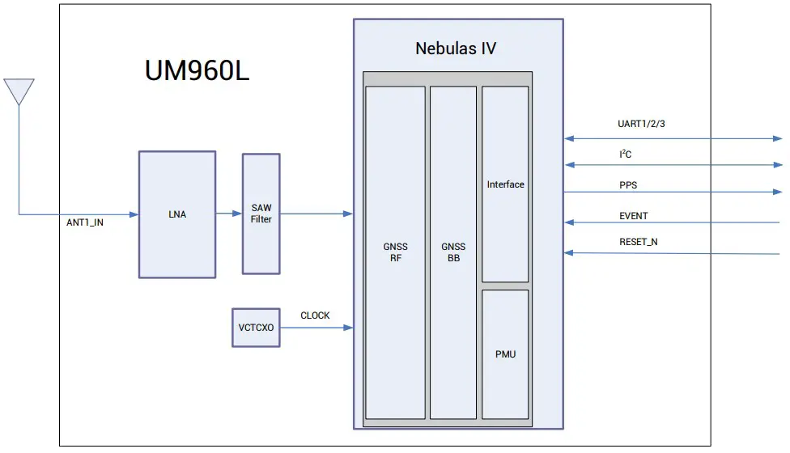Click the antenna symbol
click(x=19, y=91)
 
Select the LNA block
click(x=176, y=214)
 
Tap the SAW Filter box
click(x=261, y=214)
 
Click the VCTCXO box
click(x=256, y=328)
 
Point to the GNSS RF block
click(x=395, y=252)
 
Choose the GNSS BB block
click(x=453, y=252)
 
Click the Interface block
click(x=505, y=184)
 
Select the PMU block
click(x=505, y=354)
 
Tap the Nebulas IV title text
click(x=456, y=49)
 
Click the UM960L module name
click(x=197, y=71)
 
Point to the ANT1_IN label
click(x=84, y=222)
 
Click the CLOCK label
click(x=315, y=315)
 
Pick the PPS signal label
click(x=627, y=185)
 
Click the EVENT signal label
click(x=633, y=216)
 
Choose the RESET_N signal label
click(x=638, y=242)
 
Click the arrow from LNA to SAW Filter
click(x=229, y=214)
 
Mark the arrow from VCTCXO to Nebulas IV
click(x=316, y=328)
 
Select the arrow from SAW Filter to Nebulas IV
click(x=316, y=214)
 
